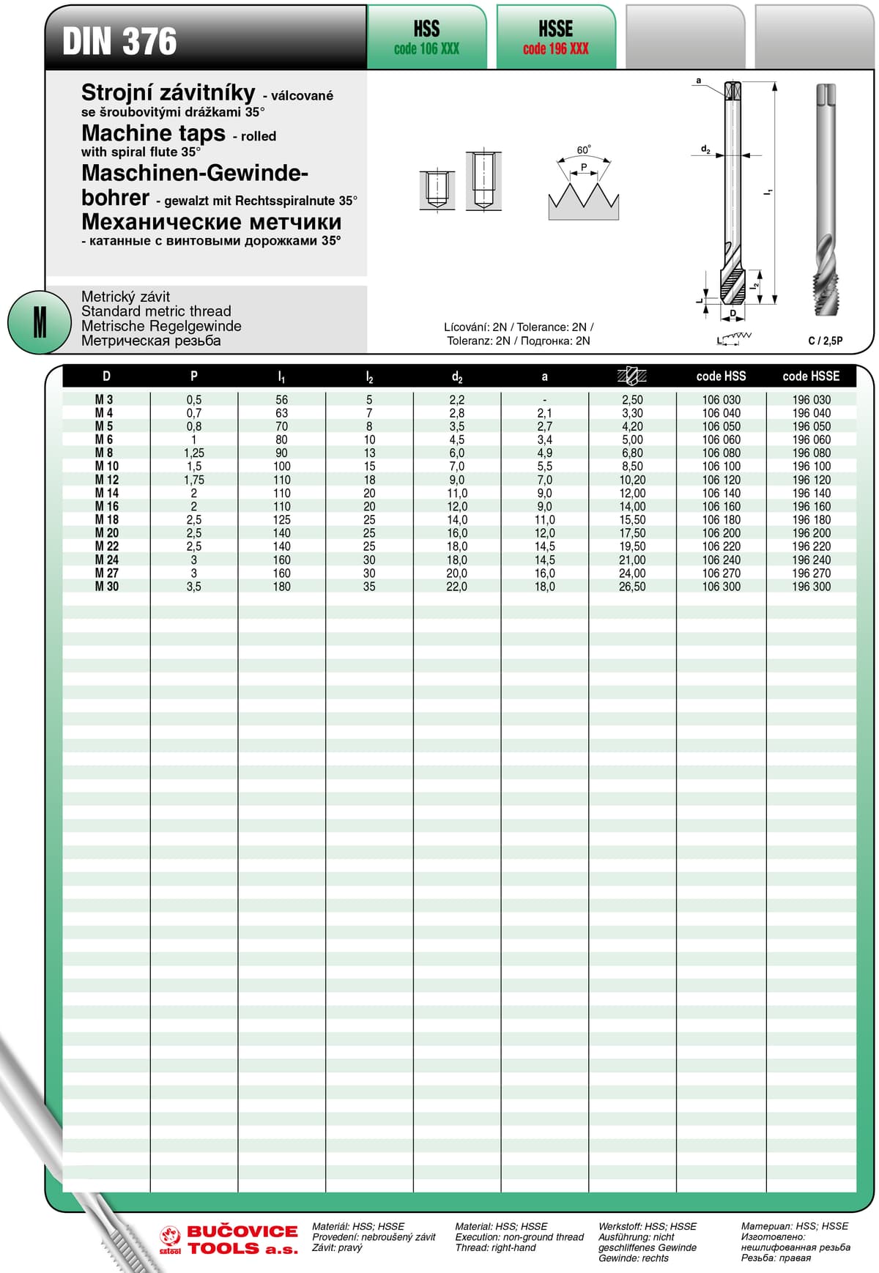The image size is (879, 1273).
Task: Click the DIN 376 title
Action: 119,41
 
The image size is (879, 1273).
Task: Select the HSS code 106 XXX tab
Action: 426,38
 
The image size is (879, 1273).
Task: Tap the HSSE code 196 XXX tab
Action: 556,38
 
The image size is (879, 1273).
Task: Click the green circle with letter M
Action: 39,322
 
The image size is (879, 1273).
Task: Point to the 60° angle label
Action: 584,150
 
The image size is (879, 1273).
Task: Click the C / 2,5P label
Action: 825,341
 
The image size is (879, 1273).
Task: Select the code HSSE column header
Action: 811,376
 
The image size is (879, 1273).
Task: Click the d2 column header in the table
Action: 457,376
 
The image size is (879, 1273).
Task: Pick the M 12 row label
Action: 107,480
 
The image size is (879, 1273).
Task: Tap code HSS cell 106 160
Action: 722,506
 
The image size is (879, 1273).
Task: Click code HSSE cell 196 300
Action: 812,587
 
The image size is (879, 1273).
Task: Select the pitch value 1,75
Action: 194,480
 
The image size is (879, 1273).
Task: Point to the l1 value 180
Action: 282,587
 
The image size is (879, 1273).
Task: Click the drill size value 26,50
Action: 632,587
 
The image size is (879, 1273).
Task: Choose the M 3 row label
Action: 104,400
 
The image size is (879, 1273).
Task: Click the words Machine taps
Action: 154,133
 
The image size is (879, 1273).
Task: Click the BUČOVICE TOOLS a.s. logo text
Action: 242,1239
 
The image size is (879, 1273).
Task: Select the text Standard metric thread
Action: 156,311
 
